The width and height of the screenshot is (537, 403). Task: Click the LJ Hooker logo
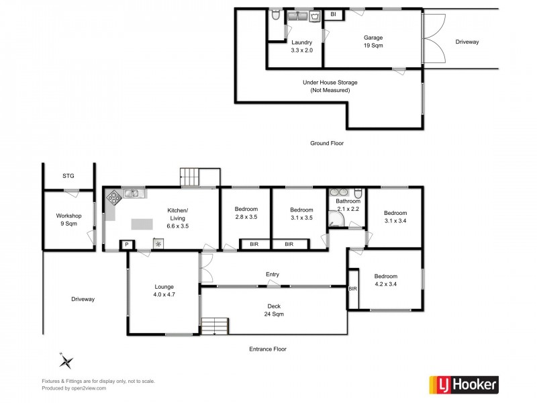pos(463,384)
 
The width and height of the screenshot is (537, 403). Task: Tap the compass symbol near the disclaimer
pos(66,361)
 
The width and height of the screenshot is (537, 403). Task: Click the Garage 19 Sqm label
pos(373,42)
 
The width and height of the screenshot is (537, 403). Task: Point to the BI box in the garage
pos(334,14)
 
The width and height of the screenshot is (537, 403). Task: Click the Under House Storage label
pos(330,86)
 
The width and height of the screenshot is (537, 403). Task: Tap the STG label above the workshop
pos(68,176)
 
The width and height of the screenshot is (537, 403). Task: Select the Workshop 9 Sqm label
pos(68,220)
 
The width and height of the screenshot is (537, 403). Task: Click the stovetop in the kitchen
pos(114,197)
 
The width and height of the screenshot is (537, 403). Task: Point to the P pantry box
pos(126,245)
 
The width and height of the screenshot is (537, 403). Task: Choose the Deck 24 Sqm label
pos(273,310)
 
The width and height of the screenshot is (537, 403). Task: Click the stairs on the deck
pos(215,326)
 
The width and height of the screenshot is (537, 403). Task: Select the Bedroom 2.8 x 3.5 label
pos(246,214)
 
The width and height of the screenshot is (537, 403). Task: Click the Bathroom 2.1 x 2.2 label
pos(348,205)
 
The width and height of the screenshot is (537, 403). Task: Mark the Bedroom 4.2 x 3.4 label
pos(385,280)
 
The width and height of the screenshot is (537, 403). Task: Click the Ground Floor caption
pos(326,143)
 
